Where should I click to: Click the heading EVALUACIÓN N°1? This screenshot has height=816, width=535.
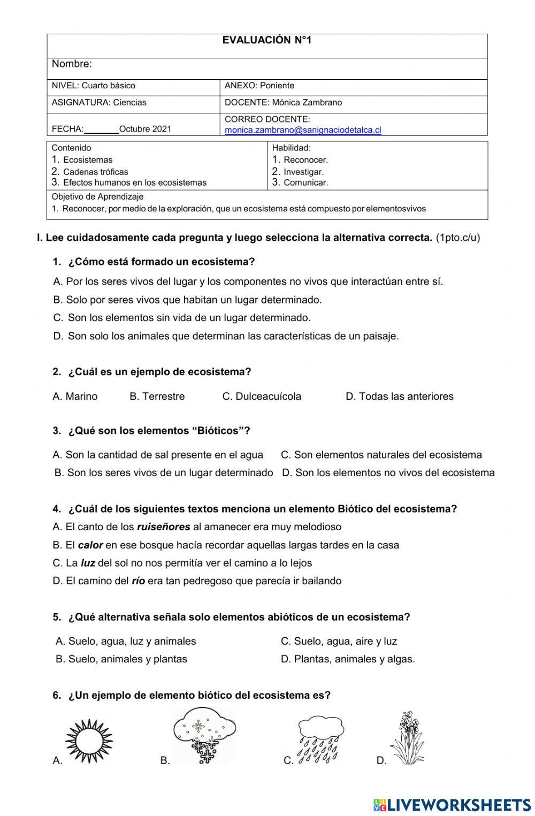266,40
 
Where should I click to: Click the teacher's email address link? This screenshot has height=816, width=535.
303,130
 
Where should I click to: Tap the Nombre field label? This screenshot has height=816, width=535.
72,64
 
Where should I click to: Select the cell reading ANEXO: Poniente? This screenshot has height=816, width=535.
259,86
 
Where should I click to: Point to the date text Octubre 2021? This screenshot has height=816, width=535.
145,129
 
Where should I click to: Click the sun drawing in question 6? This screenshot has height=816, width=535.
89,741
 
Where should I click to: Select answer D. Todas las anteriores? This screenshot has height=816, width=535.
399,396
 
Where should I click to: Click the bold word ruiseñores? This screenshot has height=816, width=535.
163,527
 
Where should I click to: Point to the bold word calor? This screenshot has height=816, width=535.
90,545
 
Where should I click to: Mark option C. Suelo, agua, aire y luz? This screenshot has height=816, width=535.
339,641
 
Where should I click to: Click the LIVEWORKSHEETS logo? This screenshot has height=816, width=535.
452,804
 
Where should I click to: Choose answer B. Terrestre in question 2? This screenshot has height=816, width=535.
157,396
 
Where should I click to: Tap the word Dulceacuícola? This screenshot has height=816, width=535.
268,396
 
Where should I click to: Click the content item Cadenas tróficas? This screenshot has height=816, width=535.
95,172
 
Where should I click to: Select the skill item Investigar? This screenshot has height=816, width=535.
303,172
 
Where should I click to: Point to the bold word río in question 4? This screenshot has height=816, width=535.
138,581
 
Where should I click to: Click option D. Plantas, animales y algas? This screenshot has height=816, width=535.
348,659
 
